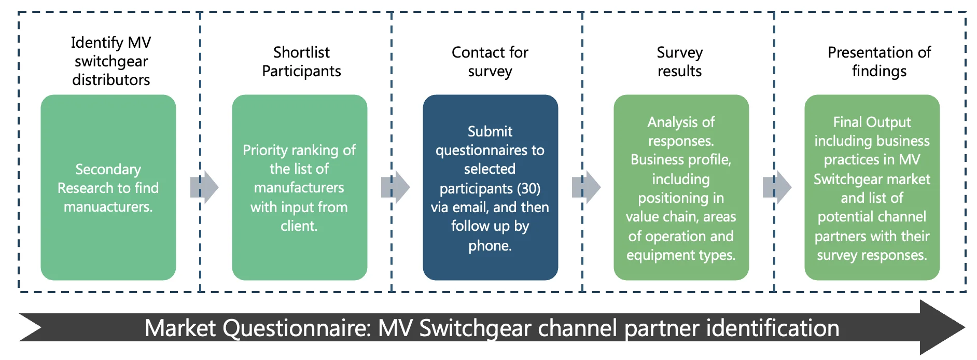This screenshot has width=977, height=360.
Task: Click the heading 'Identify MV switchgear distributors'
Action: pyautogui.click(x=111, y=61)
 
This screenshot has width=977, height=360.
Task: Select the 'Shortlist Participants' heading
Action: pyautogui.click(x=301, y=62)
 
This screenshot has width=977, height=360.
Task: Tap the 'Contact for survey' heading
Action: pyautogui.click(x=490, y=62)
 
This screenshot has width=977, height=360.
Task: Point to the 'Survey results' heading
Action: pyautogui.click(x=679, y=62)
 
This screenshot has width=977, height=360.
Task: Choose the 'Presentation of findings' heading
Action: pyautogui.click(x=879, y=62)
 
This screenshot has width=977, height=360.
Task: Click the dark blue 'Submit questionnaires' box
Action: pyautogui.click(x=490, y=187)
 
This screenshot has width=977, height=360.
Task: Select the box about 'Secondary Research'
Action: pyautogui.click(x=108, y=187)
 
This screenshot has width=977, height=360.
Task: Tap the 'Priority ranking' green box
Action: pyautogui.click(x=299, y=187)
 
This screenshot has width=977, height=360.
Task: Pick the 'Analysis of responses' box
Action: pyautogui.click(x=681, y=187)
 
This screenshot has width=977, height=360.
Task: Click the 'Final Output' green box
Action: pyautogui.click(x=872, y=187)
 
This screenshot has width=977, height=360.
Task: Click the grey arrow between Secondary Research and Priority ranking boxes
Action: pyautogui.click(x=204, y=187)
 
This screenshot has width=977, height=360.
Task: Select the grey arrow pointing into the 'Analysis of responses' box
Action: pyautogui.click(x=586, y=187)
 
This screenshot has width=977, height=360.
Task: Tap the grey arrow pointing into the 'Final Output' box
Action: pyautogui.click(x=777, y=187)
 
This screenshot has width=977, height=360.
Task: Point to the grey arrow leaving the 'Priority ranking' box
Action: pyautogui.click(x=395, y=187)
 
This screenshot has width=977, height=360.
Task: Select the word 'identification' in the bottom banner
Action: pyautogui.click(x=773, y=328)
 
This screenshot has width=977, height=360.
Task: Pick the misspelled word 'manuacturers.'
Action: pyautogui.click(x=108, y=207)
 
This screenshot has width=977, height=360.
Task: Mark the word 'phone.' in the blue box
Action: pyautogui.click(x=490, y=245)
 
